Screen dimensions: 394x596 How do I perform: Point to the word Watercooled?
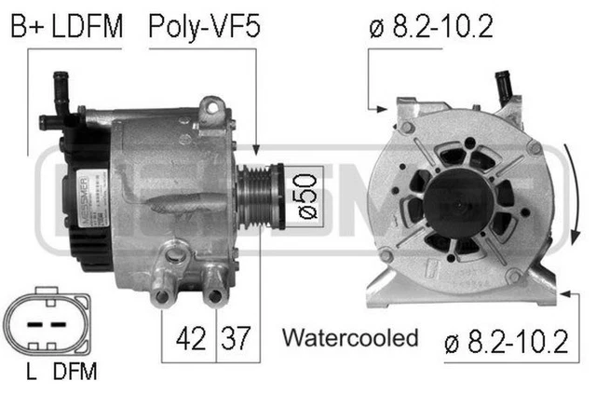click(x=349, y=337)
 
